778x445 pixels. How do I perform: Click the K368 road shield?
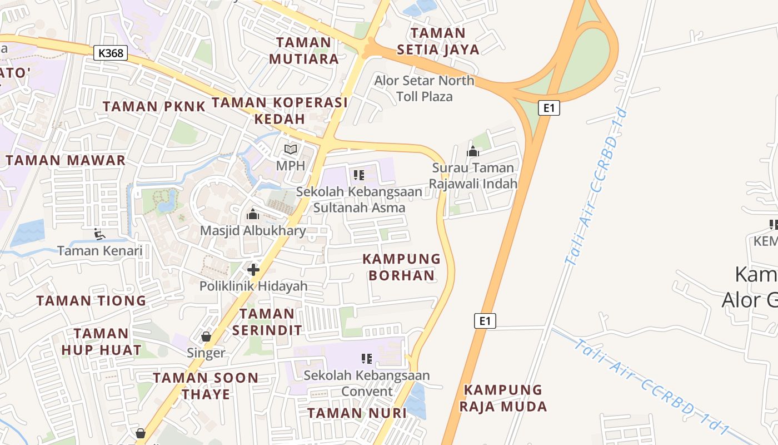pos(111,53)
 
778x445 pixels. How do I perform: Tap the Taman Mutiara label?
pos(303,51)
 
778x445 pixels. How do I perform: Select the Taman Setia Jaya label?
pos(438,41)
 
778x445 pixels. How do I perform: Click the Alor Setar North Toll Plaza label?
pos(425,88)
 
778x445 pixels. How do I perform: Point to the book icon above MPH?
pos(291,149)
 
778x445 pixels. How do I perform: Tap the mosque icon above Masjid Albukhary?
pos(253,214)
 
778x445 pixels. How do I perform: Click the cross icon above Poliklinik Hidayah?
pos(253,270)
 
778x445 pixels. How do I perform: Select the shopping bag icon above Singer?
pos(206,337)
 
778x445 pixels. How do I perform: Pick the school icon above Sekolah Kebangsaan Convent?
pos(366,359)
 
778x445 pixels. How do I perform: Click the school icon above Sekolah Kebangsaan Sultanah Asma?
pos(358,175)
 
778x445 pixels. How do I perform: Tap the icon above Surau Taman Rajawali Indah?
pos(473,151)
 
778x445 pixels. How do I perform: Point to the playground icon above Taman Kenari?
pos(100,234)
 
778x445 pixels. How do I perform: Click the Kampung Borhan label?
pos(401,267)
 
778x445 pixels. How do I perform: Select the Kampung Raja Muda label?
pos(503,398)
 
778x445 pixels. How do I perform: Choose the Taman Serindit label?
pos(267,322)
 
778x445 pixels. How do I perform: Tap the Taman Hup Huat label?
pos(101,342)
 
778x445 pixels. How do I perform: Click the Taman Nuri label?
pos(357,413)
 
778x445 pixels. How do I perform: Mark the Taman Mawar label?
pos(66,161)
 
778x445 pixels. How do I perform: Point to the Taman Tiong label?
pos(91,301)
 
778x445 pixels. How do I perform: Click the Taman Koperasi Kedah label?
pos(280,110)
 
